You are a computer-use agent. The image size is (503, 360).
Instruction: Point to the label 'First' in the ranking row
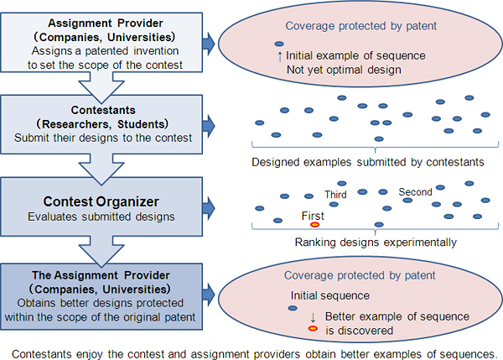(313, 215)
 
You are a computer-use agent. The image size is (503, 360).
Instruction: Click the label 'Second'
(415, 192)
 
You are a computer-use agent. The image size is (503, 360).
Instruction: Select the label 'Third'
(336, 195)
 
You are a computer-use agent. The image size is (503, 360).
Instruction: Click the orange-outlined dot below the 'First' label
(314, 225)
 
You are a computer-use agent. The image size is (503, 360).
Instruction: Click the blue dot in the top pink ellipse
(278, 44)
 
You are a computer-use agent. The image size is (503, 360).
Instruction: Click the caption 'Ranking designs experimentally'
(376, 243)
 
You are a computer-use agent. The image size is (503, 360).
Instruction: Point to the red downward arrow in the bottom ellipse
(313, 316)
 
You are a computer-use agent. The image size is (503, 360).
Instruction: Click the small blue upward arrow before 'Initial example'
(279, 56)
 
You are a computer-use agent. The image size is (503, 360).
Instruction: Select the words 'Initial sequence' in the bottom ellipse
(329, 295)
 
